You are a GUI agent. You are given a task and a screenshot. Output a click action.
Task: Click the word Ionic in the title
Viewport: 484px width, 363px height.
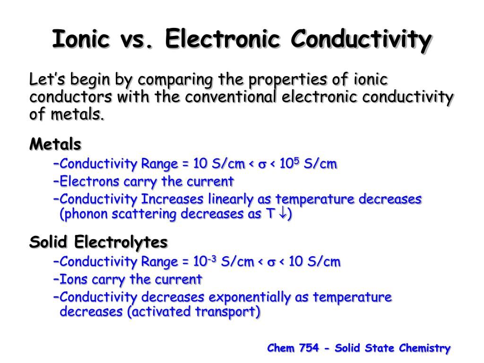(81, 39)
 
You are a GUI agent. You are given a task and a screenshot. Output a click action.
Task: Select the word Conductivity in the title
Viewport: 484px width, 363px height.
(361, 39)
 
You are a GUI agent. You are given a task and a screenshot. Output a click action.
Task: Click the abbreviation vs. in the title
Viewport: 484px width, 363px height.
(138, 39)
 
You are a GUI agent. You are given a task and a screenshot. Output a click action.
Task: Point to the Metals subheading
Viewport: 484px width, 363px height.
(55, 144)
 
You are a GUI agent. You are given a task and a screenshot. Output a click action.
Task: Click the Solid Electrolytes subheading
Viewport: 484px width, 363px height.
(98, 242)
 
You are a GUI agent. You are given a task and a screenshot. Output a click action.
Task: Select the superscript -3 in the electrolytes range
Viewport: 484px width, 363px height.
(212, 258)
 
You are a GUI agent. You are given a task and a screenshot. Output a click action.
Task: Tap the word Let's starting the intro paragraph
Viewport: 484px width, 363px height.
(46, 79)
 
